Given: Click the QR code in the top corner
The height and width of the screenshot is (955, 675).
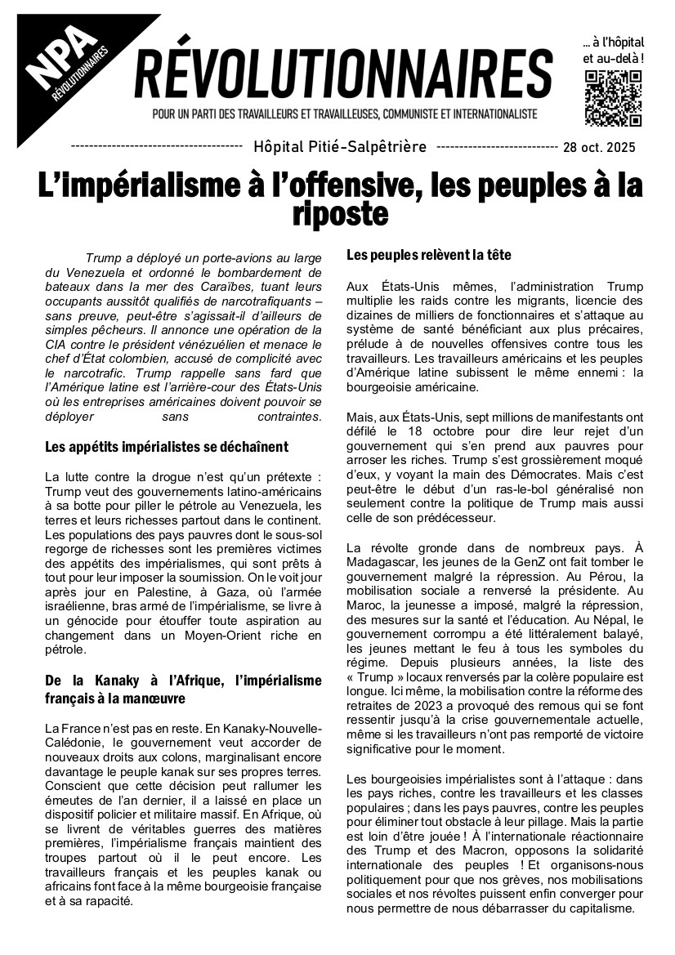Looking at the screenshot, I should click(x=614, y=98).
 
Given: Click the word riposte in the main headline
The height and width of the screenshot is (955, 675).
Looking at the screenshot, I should click(x=339, y=215).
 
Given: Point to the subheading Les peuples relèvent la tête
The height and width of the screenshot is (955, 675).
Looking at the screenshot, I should click(x=429, y=255).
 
